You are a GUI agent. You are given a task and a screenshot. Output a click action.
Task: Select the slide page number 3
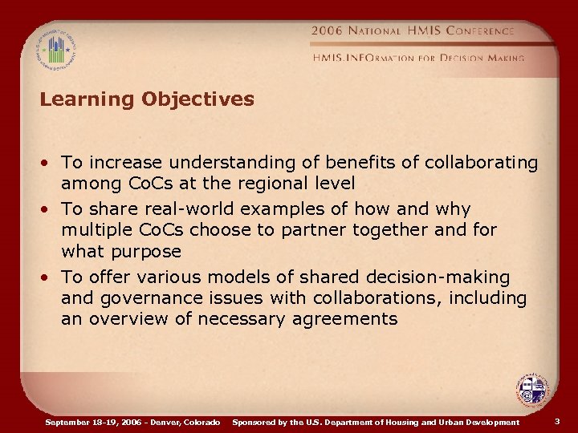pos(557,421)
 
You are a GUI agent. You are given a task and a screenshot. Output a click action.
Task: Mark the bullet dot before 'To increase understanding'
pos(49,164)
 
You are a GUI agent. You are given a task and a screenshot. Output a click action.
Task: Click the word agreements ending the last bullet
pos(349,318)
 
